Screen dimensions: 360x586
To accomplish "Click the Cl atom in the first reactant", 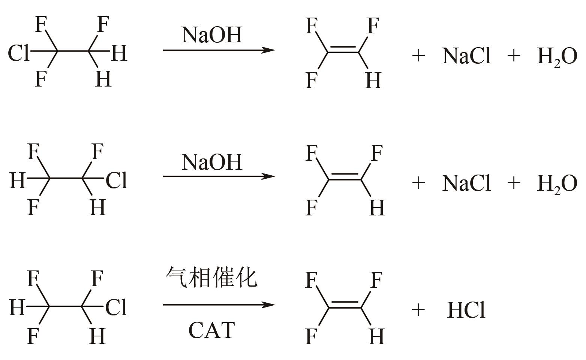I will click(x=18, y=54).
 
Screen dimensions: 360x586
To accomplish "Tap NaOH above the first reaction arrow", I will click(x=212, y=35).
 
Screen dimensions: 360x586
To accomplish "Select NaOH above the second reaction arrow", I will click(x=212, y=162).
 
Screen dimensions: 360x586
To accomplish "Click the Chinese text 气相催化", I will click(x=212, y=278).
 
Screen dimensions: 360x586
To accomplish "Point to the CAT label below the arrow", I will click(x=212, y=330).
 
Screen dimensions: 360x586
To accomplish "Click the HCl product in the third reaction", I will click(x=466, y=311).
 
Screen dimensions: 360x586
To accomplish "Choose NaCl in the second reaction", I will click(x=466, y=183).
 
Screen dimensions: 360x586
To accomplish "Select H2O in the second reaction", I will click(x=557, y=184).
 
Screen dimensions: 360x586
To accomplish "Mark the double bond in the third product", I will click(x=345, y=305).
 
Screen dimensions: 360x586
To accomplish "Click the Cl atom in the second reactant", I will click(x=117, y=180).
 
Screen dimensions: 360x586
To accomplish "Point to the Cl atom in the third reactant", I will click(x=117, y=308).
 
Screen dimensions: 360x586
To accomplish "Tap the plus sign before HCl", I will click(x=418, y=310).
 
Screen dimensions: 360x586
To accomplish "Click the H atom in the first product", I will click(x=373, y=80).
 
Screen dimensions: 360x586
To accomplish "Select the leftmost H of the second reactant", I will click(x=17, y=180).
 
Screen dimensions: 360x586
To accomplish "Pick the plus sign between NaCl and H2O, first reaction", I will click(x=514, y=56).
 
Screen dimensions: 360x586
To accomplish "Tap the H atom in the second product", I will click(x=377, y=208).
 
